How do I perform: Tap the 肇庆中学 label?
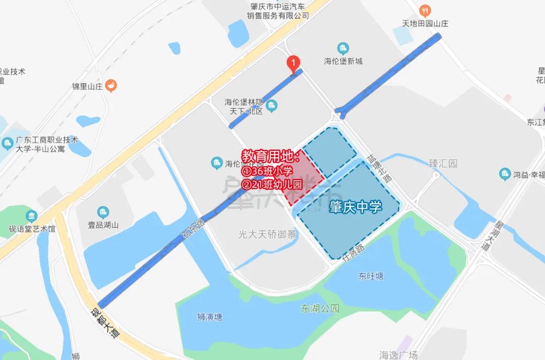355,207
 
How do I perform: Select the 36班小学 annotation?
267,171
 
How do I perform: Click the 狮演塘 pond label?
209,317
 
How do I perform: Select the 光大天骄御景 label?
267,234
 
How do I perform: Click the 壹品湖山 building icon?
103,212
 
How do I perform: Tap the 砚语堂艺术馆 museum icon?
32,216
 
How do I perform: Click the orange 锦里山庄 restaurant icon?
111,86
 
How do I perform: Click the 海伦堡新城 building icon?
343,49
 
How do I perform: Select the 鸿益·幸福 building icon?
505,174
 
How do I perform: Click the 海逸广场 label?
399,355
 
